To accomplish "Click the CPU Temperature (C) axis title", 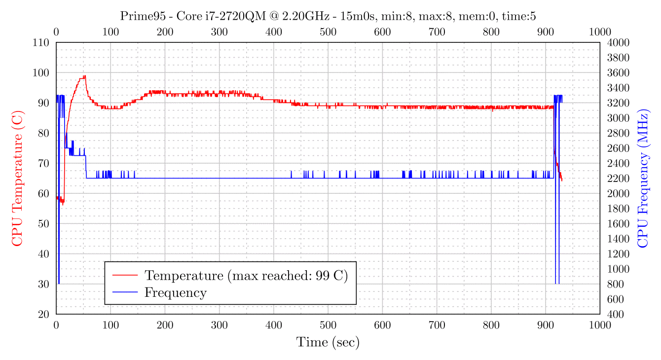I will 17,178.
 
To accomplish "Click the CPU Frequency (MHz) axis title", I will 643,178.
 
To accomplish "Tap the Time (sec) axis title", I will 328,342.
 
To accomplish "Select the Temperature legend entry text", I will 246,275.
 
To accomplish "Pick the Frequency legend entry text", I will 175,292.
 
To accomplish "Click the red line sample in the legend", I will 125,275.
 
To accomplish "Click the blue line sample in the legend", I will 125,292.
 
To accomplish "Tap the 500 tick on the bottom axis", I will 328,324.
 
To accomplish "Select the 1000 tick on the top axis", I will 600,32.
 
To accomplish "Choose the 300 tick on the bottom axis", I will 219,324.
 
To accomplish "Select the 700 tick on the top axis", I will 437,32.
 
